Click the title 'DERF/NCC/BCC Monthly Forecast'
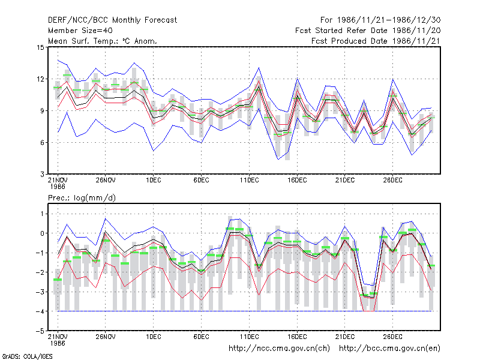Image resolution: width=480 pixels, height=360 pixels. click(x=112, y=20)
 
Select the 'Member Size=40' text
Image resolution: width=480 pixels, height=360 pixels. click(x=80, y=31)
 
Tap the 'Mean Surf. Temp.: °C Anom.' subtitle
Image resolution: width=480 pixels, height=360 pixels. click(x=102, y=41)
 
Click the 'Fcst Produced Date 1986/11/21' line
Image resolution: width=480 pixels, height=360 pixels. click(x=376, y=41)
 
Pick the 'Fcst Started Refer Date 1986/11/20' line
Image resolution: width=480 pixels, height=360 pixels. click(x=368, y=31)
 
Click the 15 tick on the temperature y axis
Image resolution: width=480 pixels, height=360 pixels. click(x=40, y=47)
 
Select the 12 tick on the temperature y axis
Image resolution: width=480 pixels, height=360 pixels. click(x=40, y=79)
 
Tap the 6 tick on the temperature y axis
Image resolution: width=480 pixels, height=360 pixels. click(x=42, y=143)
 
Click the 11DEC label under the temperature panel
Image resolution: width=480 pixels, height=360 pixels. click(x=249, y=180)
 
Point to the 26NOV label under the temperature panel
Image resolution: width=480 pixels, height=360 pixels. click(x=106, y=180)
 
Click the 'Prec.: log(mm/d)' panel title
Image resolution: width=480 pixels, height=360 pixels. click(x=82, y=198)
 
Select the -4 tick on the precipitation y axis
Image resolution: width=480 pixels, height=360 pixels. click(x=40, y=311)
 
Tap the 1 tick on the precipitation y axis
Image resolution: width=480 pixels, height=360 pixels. click(x=42, y=214)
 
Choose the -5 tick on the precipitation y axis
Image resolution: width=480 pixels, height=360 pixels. click(x=40, y=331)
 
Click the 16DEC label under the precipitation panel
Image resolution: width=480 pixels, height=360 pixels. click(x=297, y=337)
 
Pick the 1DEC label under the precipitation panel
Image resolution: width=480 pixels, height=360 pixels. click(x=154, y=337)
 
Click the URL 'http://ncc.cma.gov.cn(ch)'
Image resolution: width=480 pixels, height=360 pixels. click(x=279, y=349)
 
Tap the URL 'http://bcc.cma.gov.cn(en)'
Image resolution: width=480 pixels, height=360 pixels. click(x=389, y=349)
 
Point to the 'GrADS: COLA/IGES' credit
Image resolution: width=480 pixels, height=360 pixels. click(x=27, y=356)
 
